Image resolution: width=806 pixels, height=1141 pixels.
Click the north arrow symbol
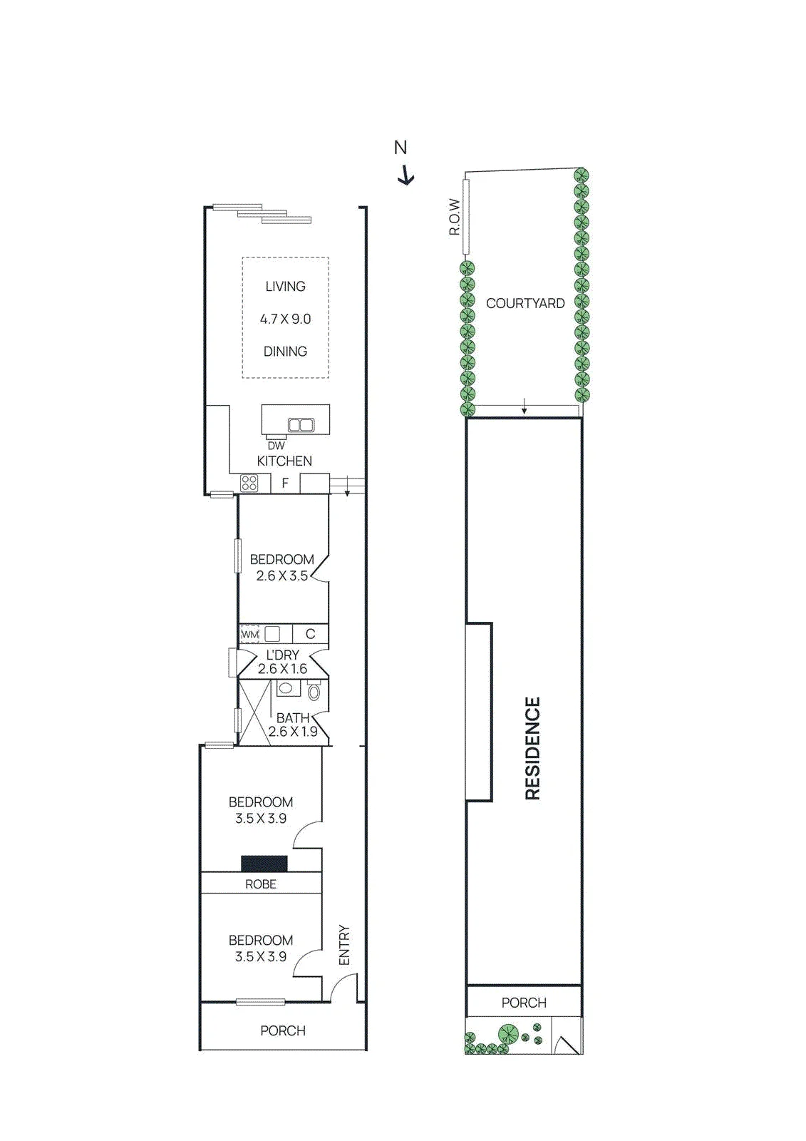(x=405, y=175)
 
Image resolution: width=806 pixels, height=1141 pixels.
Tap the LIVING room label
(x=285, y=286)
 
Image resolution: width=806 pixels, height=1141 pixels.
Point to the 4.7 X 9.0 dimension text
(x=285, y=319)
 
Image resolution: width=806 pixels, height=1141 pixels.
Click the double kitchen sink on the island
(x=301, y=425)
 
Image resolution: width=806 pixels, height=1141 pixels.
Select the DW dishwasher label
(x=276, y=446)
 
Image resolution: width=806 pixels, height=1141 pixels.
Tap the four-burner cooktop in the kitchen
(x=249, y=483)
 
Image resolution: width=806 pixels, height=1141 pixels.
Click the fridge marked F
(x=285, y=483)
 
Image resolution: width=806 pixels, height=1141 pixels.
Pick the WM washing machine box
(x=249, y=635)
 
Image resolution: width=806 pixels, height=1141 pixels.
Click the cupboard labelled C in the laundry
(x=310, y=634)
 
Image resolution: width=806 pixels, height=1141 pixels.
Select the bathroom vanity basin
(x=286, y=689)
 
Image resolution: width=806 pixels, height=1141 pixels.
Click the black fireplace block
(x=264, y=864)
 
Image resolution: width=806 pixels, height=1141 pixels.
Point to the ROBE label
(x=261, y=884)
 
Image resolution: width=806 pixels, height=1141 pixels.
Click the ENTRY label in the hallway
(x=345, y=945)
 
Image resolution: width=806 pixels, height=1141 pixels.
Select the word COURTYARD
(x=525, y=304)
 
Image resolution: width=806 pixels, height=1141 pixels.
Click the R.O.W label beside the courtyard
(x=455, y=217)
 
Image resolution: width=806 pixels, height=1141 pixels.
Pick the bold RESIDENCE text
(x=532, y=749)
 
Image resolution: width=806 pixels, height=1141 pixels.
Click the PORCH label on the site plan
(x=524, y=1003)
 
